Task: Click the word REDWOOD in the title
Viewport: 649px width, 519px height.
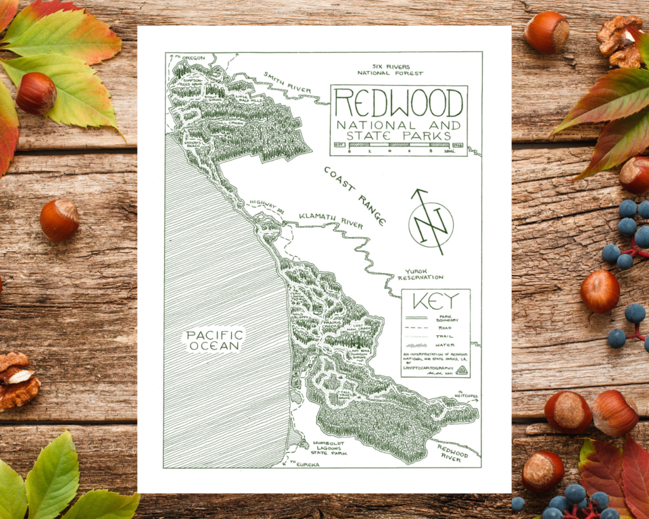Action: click(x=398, y=103)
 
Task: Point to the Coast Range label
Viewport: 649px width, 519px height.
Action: click(x=354, y=196)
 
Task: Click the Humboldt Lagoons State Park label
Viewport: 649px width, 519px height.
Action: click(x=330, y=449)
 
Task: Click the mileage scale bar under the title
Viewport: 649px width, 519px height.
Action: click(x=399, y=144)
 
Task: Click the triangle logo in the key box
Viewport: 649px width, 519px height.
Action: click(x=461, y=370)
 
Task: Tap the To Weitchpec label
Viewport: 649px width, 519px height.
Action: click(x=466, y=395)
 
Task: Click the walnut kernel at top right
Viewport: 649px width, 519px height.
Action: click(x=621, y=41)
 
